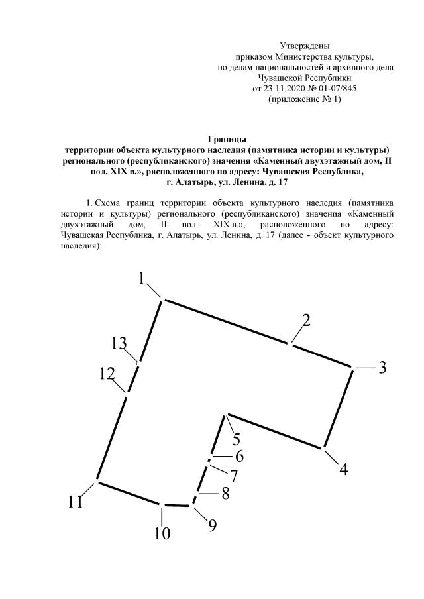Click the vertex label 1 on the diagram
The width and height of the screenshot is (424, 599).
pos(142,279)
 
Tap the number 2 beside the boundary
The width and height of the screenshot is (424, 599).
pos(306,321)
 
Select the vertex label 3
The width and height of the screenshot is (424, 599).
pos(382,368)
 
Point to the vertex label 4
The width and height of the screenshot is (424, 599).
pos(343,469)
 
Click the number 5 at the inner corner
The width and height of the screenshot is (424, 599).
pos(237,439)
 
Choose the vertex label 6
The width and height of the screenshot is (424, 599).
pos(239,457)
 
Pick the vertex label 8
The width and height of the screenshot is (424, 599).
pos(225,494)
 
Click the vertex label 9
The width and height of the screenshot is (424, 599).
pos(212,525)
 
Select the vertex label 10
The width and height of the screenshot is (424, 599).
pos(162,533)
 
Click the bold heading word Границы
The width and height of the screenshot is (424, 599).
pos(227,139)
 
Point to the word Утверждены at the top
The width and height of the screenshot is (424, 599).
pos(304,46)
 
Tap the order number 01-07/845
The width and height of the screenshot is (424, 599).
pos(337,88)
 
